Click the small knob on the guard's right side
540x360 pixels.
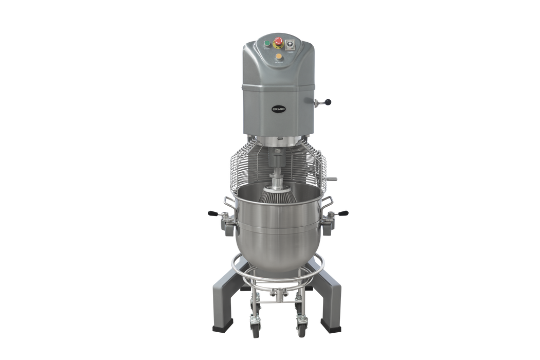pyautogui.click(x=336, y=179)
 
